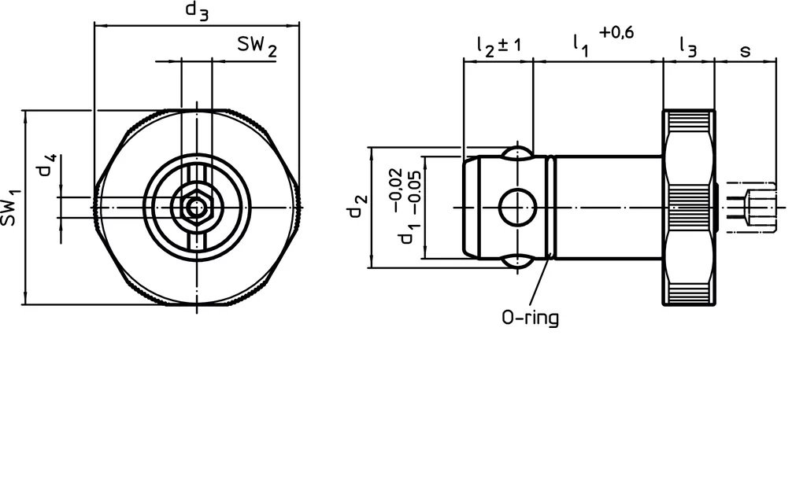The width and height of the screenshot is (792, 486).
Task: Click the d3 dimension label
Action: click(x=197, y=11)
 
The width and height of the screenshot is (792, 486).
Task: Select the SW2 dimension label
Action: click(x=257, y=49)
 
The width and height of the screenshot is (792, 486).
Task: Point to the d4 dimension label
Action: click(x=49, y=168)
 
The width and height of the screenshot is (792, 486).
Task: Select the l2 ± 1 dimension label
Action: click(x=498, y=46)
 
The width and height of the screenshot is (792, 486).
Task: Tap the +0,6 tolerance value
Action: click(x=616, y=32)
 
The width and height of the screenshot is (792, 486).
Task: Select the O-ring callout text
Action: click(x=530, y=318)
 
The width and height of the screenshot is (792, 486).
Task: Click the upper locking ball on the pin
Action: click(x=517, y=152)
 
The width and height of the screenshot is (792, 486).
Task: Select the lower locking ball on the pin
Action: click(x=517, y=263)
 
